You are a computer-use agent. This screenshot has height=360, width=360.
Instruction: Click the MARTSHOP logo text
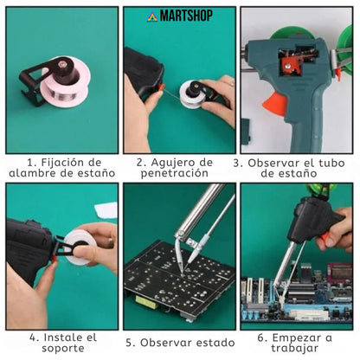(184, 16)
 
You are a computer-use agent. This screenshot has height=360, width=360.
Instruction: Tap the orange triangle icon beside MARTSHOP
(151, 16)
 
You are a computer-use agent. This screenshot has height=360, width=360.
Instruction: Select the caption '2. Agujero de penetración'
(179, 167)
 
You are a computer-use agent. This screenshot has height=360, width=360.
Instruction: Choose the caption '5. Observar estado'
(179, 343)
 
